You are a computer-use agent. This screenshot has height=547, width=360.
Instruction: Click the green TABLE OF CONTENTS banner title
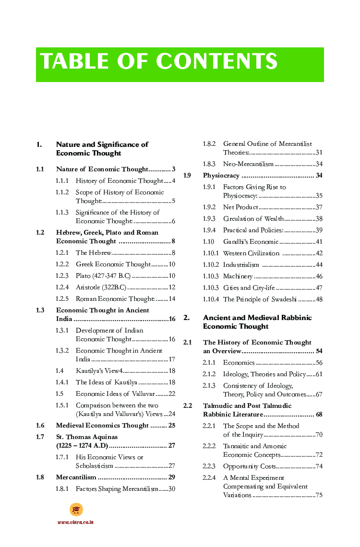(x=159, y=62)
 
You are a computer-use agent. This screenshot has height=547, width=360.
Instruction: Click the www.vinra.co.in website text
(x=75, y=522)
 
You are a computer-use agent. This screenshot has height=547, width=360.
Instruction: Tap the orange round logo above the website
(x=76, y=510)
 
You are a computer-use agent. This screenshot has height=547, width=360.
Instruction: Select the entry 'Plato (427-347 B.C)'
(x=103, y=276)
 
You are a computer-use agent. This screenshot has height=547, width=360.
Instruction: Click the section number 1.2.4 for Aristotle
(x=62, y=287)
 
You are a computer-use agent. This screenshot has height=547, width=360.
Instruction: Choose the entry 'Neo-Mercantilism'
(x=248, y=164)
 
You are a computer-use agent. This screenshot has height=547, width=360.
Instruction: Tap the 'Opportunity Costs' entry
(x=249, y=466)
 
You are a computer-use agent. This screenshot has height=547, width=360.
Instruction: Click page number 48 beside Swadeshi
(x=319, y=299)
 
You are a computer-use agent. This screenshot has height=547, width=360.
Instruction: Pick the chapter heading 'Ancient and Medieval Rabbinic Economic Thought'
(x=257, y=322)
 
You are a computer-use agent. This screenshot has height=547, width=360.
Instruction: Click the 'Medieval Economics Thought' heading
(x=102, y=426)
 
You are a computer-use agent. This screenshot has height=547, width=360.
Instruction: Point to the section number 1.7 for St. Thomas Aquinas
(x=40, y=437)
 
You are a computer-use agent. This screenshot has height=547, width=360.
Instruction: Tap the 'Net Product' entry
(x=240, y=207)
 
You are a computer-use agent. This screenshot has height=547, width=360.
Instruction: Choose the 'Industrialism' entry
(x=241, y=265)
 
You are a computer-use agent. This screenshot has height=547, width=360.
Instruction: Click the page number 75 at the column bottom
(x=319, y=495)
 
